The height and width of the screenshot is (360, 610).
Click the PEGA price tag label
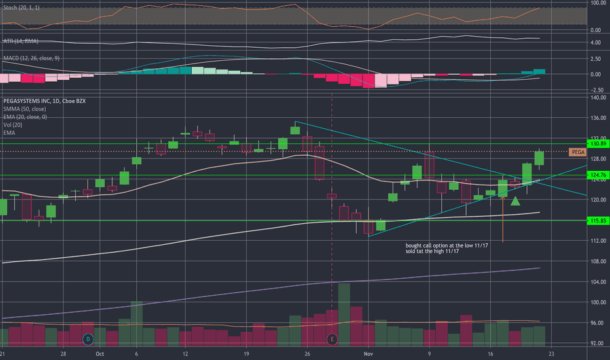point(577,152)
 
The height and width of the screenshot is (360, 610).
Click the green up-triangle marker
point(516,201)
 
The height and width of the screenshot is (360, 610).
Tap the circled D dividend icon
point(88,339)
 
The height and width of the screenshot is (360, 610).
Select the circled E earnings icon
point(332,339)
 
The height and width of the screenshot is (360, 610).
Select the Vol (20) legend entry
point(14,124)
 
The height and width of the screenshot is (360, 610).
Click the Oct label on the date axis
point(99,353)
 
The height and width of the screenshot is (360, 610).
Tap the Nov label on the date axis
point(368,353)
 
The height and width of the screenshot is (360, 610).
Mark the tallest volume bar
point(344,314)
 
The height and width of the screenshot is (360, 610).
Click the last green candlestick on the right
point(539,158)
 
